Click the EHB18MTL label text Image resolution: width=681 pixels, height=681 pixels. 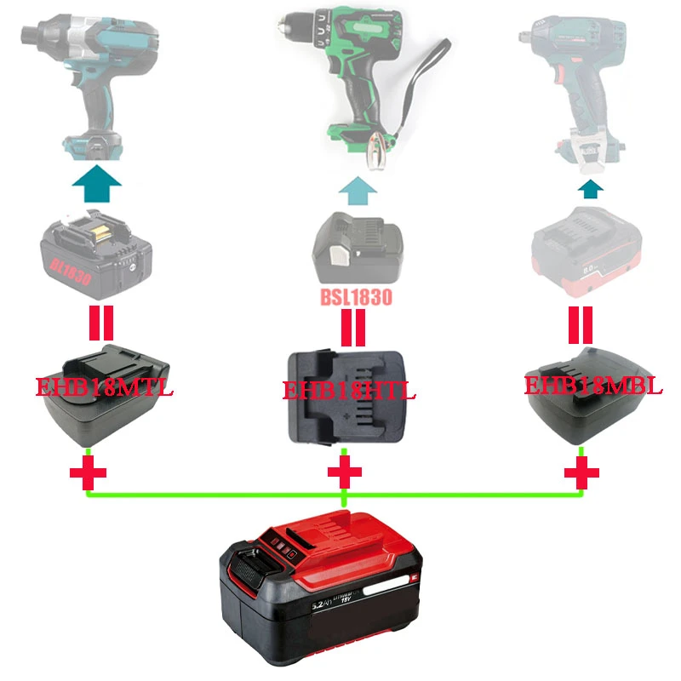pyautogui.click(x=104, y=390)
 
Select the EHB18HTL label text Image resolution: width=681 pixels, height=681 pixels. pyautogui.click(x=350, y=391)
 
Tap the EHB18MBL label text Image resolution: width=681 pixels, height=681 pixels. pyautogui.click(x=592, y=385)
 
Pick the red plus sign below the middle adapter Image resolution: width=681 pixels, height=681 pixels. pyautogui.click(x=343, y=472)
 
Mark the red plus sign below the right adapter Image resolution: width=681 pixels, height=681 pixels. pyautogui.click(x=581, y=473)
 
